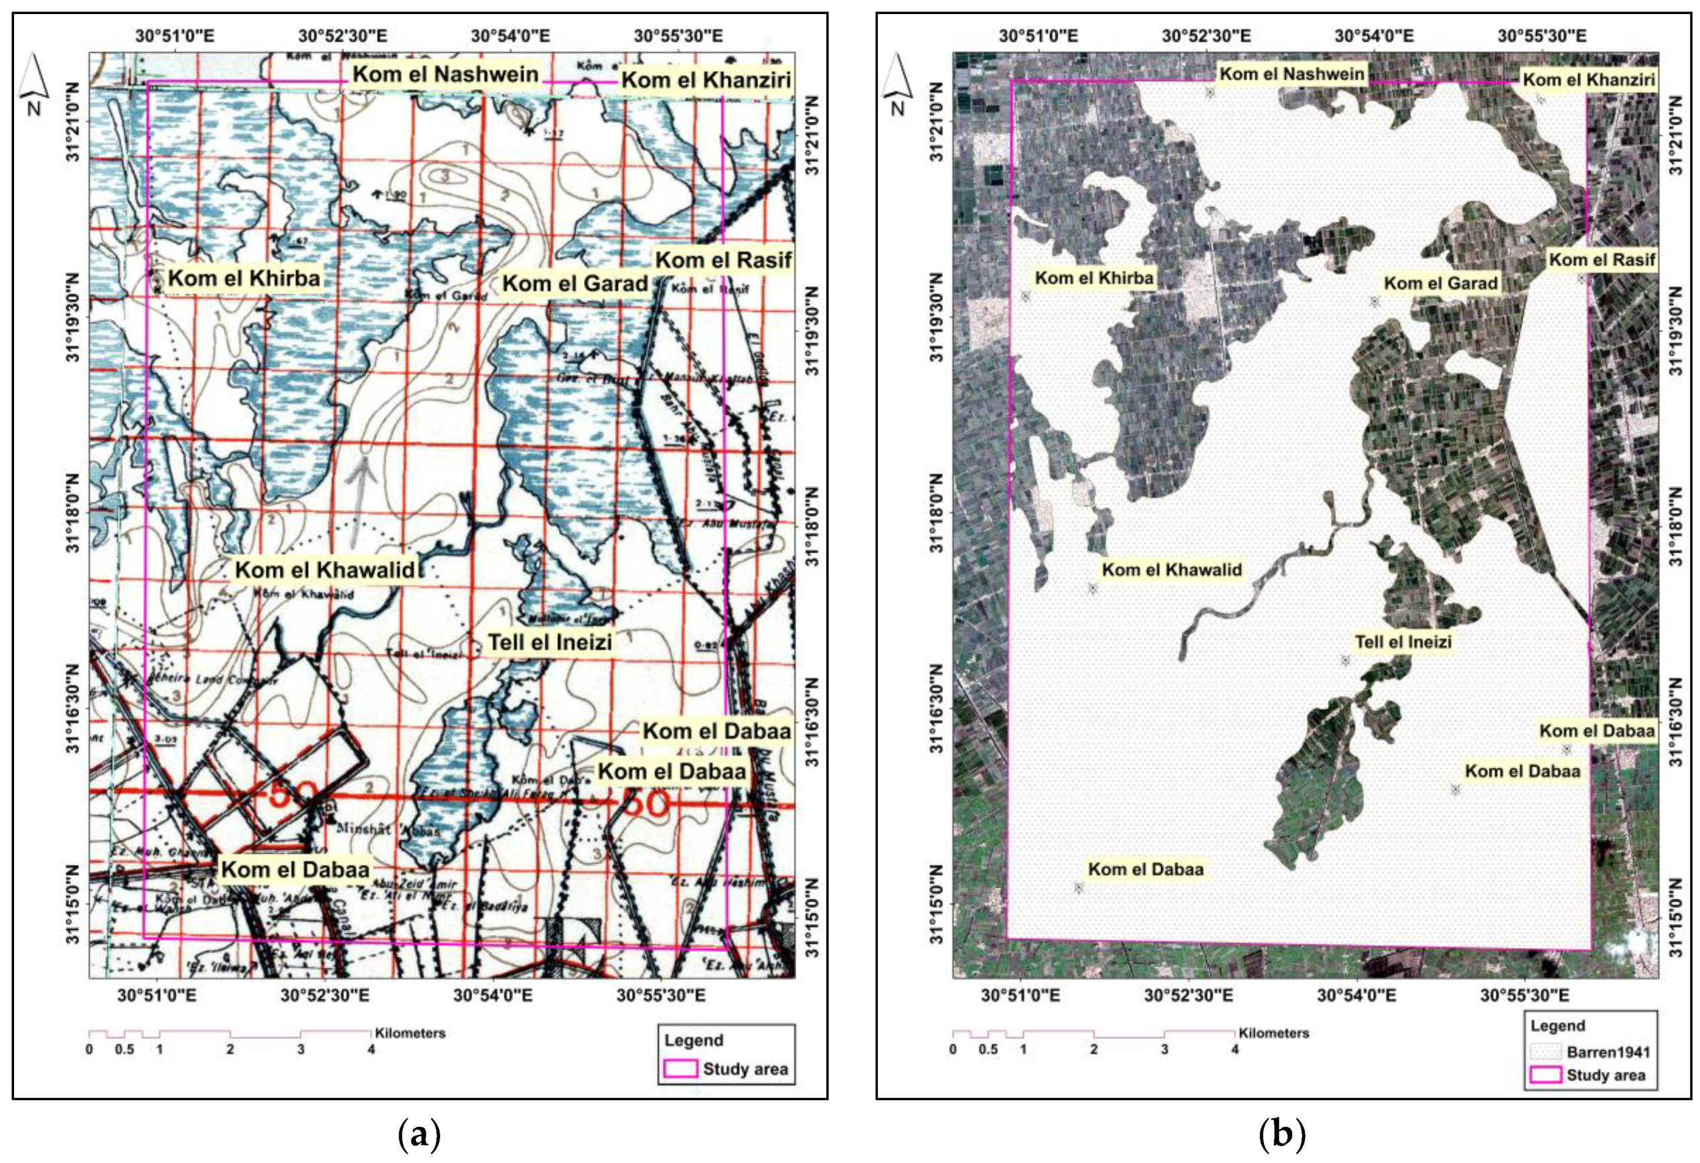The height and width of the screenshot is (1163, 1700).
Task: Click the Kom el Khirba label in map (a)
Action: (244, 279)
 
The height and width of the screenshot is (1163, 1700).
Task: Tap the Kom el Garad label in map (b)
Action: (1440, 283)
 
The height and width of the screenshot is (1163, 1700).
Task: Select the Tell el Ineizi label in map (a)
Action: (550, 642)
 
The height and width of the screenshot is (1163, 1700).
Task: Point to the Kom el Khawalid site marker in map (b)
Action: (1093, 588)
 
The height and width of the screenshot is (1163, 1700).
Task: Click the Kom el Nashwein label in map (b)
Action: (1292, 74)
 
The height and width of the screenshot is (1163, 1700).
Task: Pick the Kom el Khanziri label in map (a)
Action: (706, 80)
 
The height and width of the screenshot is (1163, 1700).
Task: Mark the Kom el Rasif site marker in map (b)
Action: (1581, 278)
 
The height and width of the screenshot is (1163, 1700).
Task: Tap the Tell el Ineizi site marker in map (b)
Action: (1345, 660)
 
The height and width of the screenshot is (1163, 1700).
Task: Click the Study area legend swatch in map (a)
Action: (680, 1069)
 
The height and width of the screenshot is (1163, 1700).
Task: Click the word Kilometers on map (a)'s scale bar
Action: (410, 1034)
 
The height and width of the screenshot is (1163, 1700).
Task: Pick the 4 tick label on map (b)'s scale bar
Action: (1235, 1050)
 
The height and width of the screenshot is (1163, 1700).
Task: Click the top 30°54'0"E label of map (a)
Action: (511, 35)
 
